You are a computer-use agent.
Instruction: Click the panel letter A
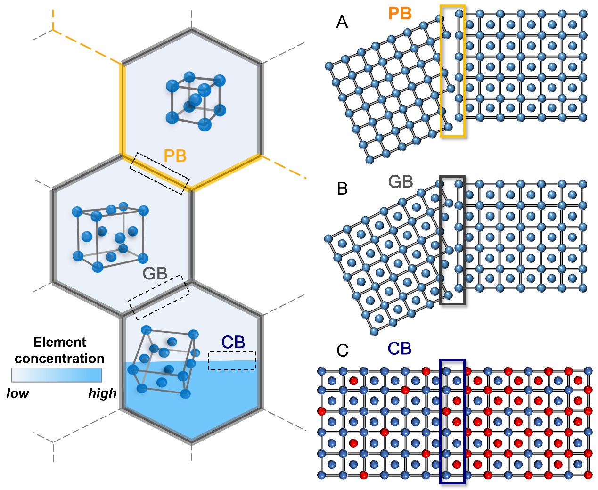pos(342,22)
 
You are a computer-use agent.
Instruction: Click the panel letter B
pos(342,188)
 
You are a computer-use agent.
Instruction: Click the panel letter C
pos(342,351)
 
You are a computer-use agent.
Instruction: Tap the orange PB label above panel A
pos(400,13)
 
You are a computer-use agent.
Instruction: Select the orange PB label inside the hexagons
pos(175,155)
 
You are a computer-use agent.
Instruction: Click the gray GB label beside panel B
pos(401,181)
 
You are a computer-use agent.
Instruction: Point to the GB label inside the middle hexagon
pos(155,273)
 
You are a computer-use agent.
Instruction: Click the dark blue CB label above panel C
pos(400,349)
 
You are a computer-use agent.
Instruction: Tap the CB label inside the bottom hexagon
pos(233,342)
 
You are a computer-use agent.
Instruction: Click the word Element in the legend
pos(59,342)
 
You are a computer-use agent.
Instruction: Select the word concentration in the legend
pos(59,359)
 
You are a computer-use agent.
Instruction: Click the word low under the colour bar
pos(17,393)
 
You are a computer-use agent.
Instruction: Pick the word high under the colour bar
pos(102,394)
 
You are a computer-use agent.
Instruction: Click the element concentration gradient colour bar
pos(57,375)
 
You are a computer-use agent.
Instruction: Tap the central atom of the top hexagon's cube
pos(196,100)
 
